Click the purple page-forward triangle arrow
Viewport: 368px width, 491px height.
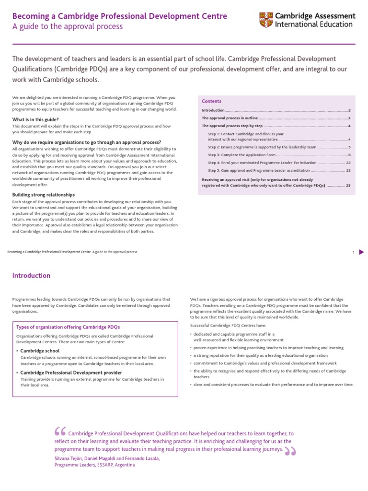(362, 252)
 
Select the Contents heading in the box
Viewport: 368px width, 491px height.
(211, 101)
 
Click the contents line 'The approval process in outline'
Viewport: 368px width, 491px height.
(230, 118)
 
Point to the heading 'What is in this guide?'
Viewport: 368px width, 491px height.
(35, 119)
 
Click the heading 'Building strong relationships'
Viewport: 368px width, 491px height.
(43, 195)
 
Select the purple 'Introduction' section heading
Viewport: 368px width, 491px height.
(31, 276)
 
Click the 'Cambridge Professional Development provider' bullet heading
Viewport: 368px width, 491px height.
(70, 373)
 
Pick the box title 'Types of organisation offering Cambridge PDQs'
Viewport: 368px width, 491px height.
(68, 327)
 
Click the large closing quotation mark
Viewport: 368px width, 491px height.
(290, 451)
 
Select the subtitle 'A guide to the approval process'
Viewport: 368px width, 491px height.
(68, 27)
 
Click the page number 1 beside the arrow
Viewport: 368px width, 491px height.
(353, 252)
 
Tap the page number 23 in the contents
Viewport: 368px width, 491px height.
(348, 185)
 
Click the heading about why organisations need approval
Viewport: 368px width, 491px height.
(86, 142)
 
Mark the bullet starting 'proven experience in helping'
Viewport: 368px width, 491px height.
(268, 347)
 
